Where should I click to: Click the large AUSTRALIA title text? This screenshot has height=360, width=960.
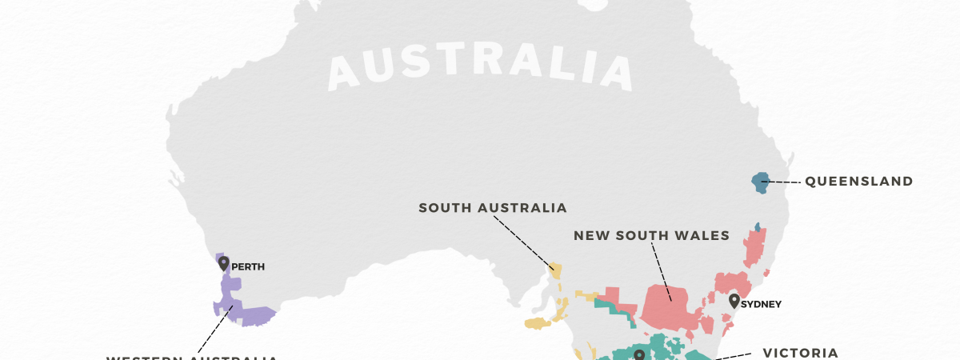(x=480, y=68)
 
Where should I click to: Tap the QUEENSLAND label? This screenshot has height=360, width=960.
(x=858, y=182)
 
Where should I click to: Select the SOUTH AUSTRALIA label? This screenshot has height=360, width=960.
(x=493, y=208)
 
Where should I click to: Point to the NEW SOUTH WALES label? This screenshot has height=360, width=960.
(x=652, y=235)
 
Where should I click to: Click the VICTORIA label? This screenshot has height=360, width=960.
(x=800, y=353)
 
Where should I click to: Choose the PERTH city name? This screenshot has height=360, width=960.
(x=248, y=267)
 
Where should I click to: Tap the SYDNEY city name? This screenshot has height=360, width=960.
(x=761, y=305)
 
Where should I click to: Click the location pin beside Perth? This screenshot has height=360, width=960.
(x=223, y=263)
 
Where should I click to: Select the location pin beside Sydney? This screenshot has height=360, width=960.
(x=734, y=301)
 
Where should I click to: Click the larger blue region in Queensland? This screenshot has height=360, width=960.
(x=760, y=182)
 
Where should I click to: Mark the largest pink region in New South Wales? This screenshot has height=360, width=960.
(x=670, y=308)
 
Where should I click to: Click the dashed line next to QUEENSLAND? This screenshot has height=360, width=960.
(x=784, y=182)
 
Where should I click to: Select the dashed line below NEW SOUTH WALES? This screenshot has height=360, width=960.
(x=661, y=272)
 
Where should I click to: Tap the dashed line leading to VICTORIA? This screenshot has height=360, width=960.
(x=732, y=357)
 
